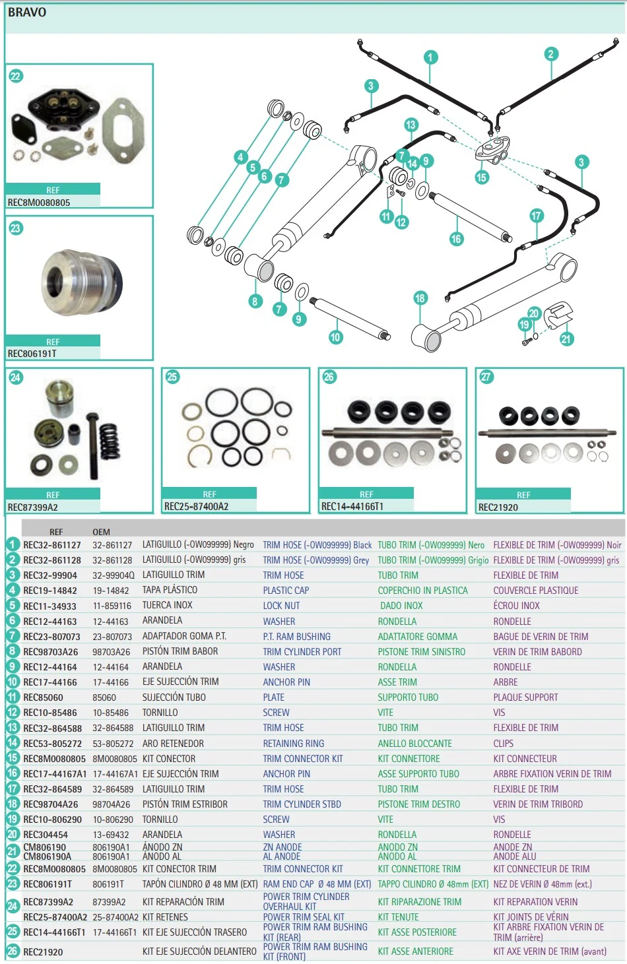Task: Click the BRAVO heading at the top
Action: [27, 12]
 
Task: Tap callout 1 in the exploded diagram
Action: [430, 57]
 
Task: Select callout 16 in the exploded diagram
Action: [456, 239]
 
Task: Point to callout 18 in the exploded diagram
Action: [420, 298]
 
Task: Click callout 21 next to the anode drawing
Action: [566, 339]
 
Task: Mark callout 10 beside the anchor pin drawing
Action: [335, 337]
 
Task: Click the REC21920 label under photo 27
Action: [498, 507]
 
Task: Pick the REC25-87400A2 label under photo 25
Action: [196, 507]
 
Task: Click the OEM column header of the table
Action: [101, 532]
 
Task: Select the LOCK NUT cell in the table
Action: [281, 606]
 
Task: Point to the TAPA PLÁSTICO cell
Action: [170, 590]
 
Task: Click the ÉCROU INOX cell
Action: [516, 606]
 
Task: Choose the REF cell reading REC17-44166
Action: [50, 682]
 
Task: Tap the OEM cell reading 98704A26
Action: [112, 804]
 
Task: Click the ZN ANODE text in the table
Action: [282, 847]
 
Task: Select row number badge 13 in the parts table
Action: [13, 728]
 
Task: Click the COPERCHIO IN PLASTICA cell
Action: [422, 591]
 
